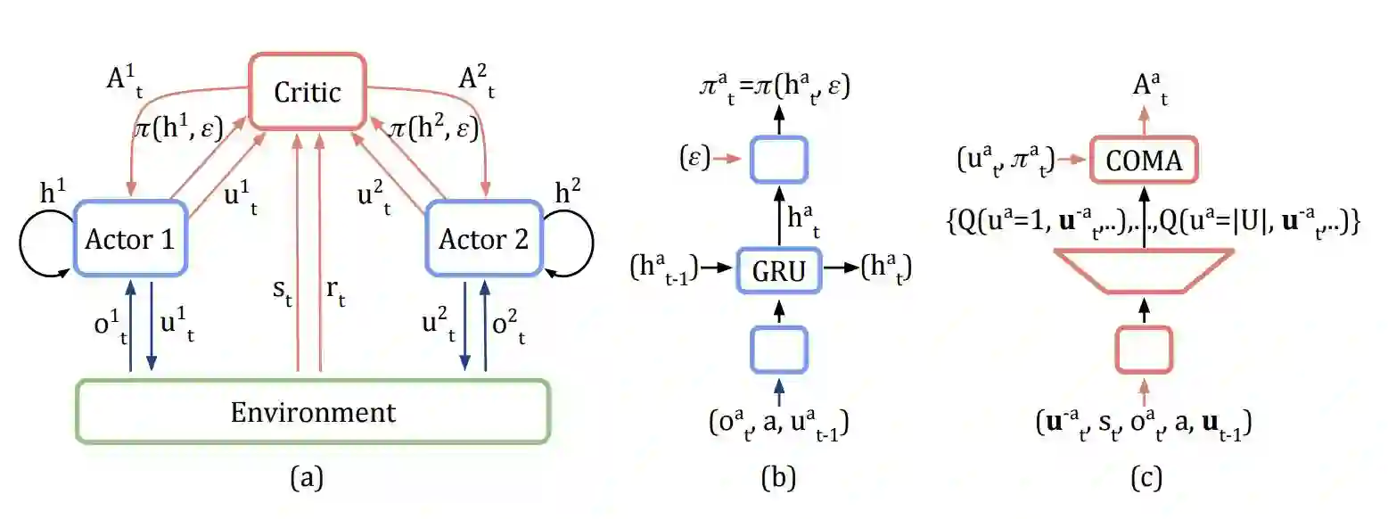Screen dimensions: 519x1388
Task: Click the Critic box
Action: [307, 92]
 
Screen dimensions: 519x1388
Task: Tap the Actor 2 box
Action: [484, 239]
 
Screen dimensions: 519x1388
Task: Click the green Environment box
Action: [312, 412]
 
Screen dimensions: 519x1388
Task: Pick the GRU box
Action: [780, 267]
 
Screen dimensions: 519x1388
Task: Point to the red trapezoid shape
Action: [1145, 270]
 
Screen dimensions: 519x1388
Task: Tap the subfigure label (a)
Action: [307, 479]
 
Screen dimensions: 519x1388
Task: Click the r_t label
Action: [335, 292]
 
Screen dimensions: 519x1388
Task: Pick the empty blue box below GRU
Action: [780, 349]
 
